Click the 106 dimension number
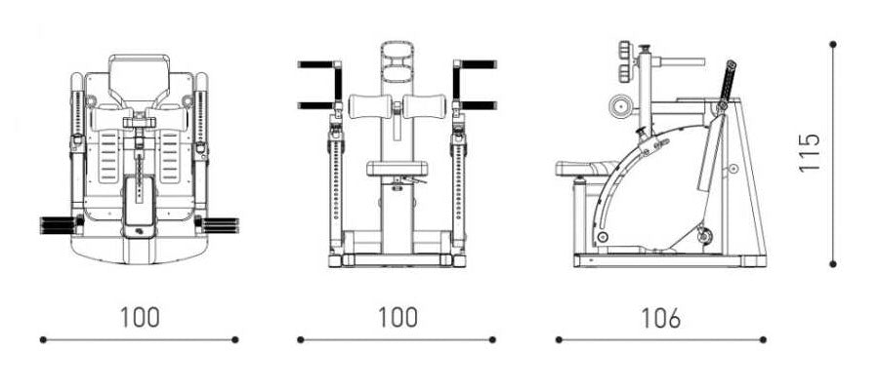(x=661, y=318)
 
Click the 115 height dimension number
(x=810, y=152)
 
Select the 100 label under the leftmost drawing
(x=140, y=317)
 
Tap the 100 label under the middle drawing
(x=398, y=317)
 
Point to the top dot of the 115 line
(x=833, y=44)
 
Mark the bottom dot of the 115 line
(x=833, y=263)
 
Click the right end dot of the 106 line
(x=763, y=339)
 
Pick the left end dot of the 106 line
(x=559, y=339)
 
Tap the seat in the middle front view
(x=398, y=169)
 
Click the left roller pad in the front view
(x=370, y=106)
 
